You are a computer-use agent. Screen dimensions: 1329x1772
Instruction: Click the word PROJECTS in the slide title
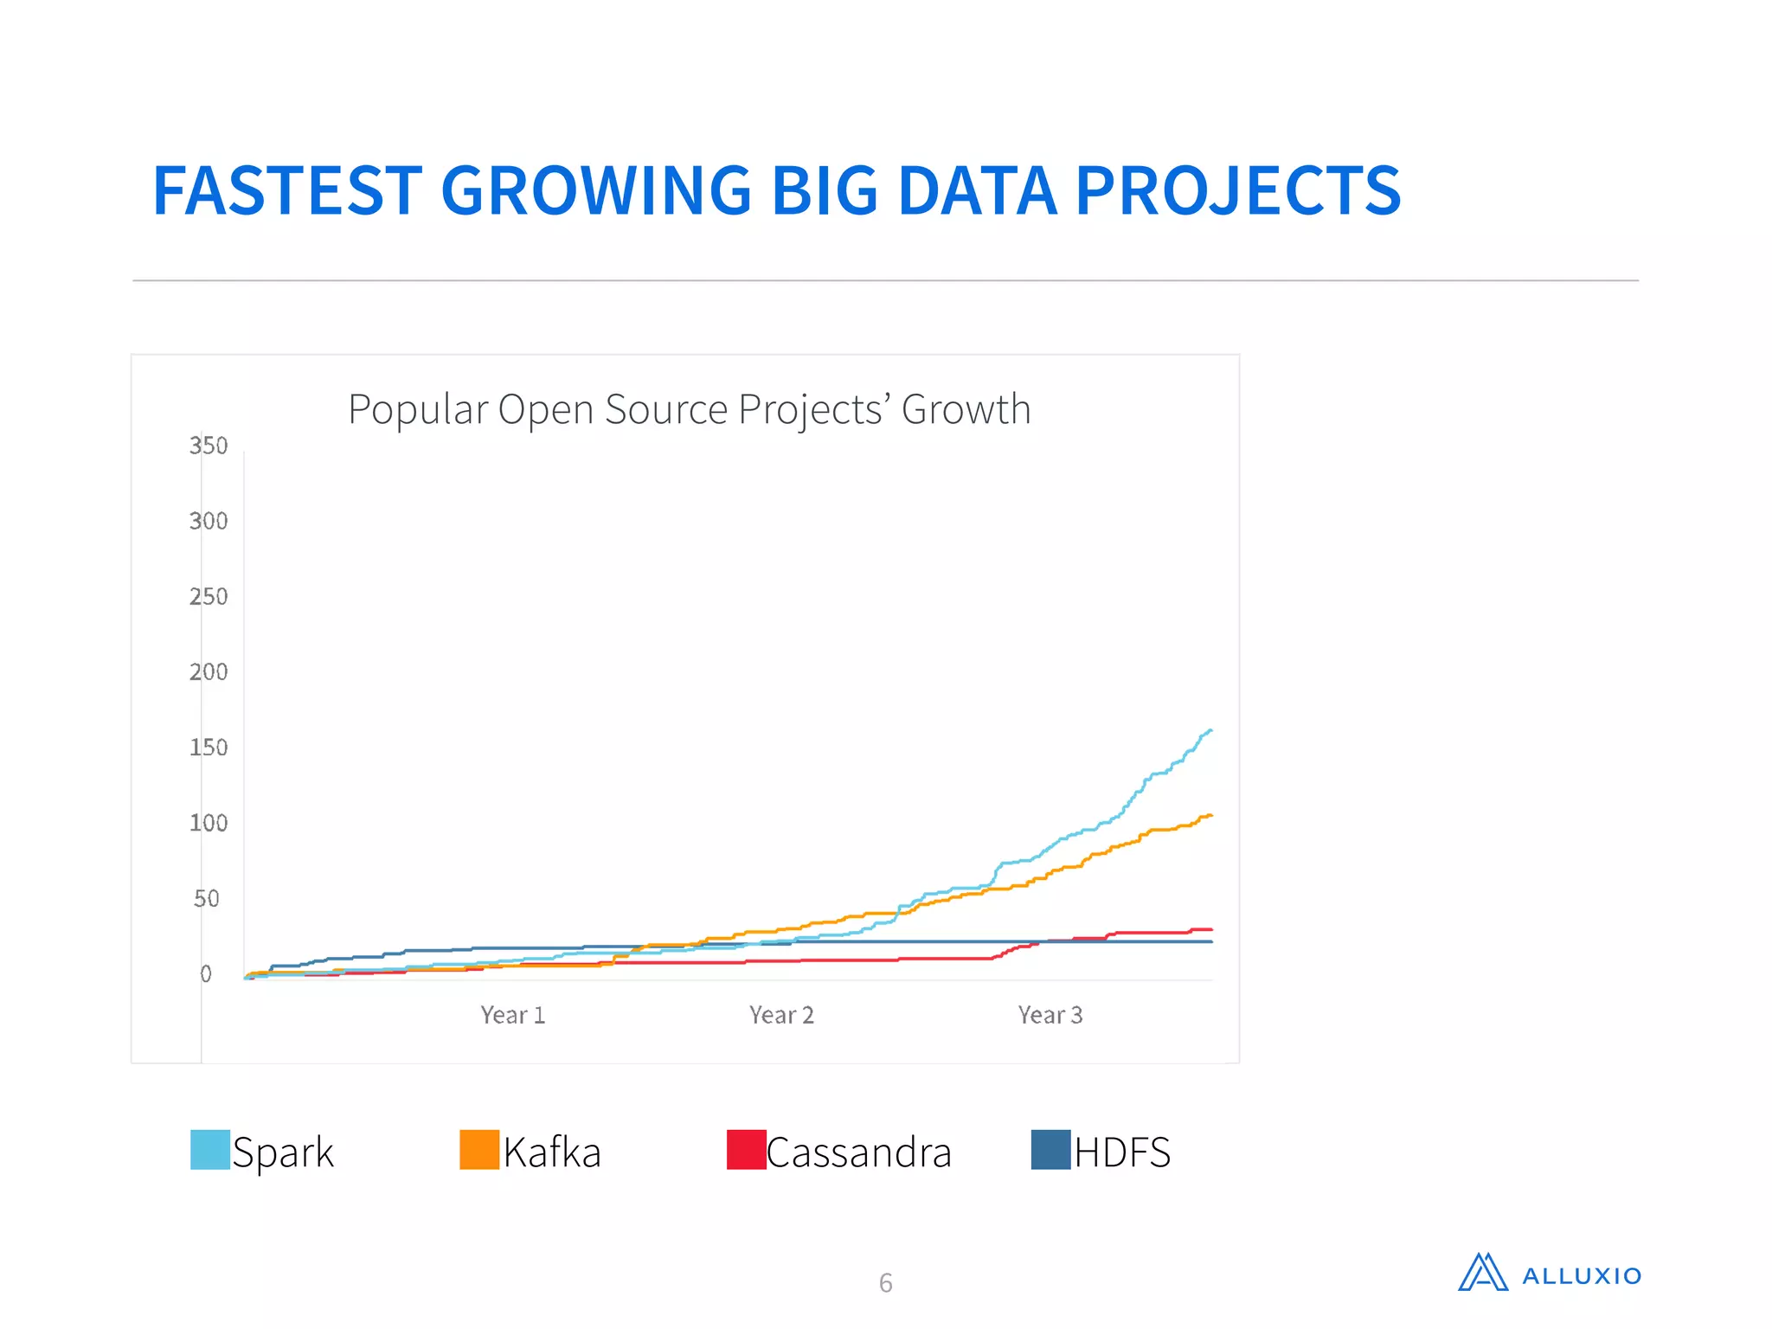pyautogui.click(x=1237, y=191)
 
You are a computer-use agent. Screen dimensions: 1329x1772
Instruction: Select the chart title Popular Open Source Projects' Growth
pyautogui.click(x=689, y=409)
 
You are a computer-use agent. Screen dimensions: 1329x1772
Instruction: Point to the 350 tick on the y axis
pyautogui.click(x=209, y=446)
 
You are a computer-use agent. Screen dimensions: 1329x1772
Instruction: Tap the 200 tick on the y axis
pyautogui.click(x=209, y=672)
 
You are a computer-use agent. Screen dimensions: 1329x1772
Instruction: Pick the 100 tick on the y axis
pyautogui.click(x=209, y=823)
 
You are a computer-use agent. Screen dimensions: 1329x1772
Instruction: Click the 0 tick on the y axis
pyautogui.click(x=206, y=974)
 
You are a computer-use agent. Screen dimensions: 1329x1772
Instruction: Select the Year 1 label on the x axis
pyautogui.click(x=513, y=1015)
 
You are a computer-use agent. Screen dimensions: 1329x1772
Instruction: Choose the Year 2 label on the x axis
pyautogui.click(x=781, y=1015)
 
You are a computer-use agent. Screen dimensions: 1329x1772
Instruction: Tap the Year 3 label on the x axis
pyautogui.click(x=1050, y=1015)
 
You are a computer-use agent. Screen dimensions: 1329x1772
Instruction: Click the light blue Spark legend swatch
pyautogui.click(x=210, y=1150)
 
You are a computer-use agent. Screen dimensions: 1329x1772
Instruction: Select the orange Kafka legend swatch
pyautogui.click(x=479, y=1150)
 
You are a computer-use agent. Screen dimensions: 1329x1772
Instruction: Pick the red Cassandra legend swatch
pyautogui.click(x=746, y=1150)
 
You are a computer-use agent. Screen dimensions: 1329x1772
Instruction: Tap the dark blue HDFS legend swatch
pyautogui.click(x=1050, y=1150)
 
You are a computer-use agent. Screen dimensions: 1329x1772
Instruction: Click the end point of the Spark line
pyautogui.click(x=1210, y=730)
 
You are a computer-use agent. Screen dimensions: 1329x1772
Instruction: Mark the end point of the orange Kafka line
pyautogui.click(x=1210, y=815)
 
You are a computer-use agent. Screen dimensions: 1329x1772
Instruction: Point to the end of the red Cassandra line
pyautogui.click(x=1210, y=929)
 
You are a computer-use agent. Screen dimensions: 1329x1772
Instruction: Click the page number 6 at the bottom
pyautogui.click(x=885, y=1282)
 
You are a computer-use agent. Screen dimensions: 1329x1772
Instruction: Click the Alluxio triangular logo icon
pyautogui.click(x=1483, y=1273)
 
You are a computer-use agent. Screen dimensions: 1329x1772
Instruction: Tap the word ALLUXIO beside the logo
pyautogui.click(x=1581, y=1276)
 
